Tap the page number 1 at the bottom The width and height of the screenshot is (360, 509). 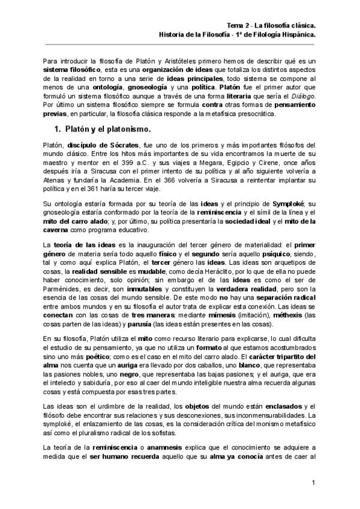click(x=314, y=483)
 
